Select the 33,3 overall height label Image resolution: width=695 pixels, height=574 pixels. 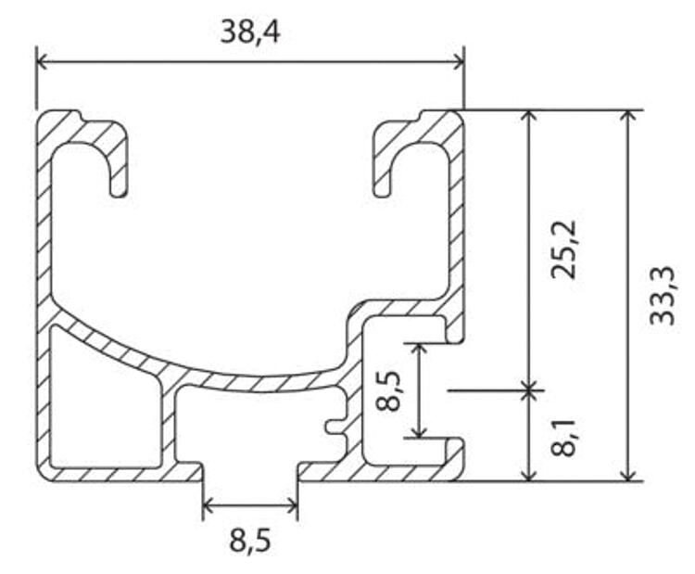[x=663, y=296]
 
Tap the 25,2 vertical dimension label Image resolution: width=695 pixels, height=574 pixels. [x=564, y=249]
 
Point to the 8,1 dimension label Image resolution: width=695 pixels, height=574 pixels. [x=564, y=437]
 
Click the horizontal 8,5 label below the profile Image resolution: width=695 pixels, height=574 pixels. [x=250, y=540]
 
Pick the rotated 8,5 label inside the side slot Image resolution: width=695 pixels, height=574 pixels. [x=388, y=390]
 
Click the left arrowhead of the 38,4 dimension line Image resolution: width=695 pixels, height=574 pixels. [x=41, y=62]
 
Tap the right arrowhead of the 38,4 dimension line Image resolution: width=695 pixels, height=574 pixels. [x=459, y=62]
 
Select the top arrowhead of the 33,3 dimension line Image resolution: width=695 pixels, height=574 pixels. [x=627, y=115]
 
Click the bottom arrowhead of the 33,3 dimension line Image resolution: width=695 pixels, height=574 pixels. [x=627, y=475]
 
